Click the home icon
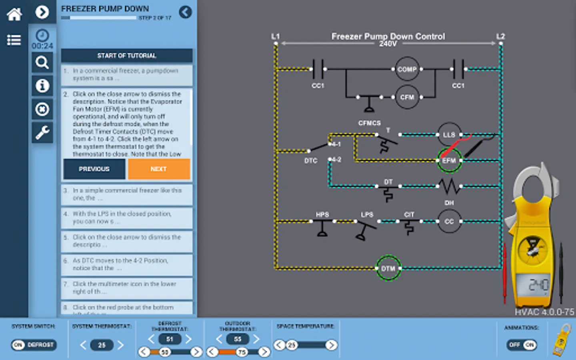pyautogui.click(x=14, y=14)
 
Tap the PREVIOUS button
pyautogui.click(x=94, y=169)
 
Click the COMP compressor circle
pyautogui.click(x=407, y=69)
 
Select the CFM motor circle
pyautogui.click(x=407, y=97)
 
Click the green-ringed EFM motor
pyautogui.click(x=449, y=160)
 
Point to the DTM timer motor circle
pyautogui.click(x=388, y=268)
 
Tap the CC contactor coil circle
pyautogui.click(x=449, y=221)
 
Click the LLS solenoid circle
pyautogui.click(x=449, y=135)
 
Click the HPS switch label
pyautogui.click(x=322, y=215)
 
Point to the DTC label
pyautogui.click(x=310, y=161)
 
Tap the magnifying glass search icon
pyautogui.click(x=42, y=62)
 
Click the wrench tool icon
pyautogui.click(x=42, y=132)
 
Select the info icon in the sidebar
pyautogui.click(x=42, y=86)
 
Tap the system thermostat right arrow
pyautogui.click(x=120, y=345)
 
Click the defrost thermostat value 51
pyautogui.click(x=170, y=339)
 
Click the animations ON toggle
pyautogui.click(x=530, y=345)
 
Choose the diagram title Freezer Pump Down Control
pyautogui.click(x=388, y=36)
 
